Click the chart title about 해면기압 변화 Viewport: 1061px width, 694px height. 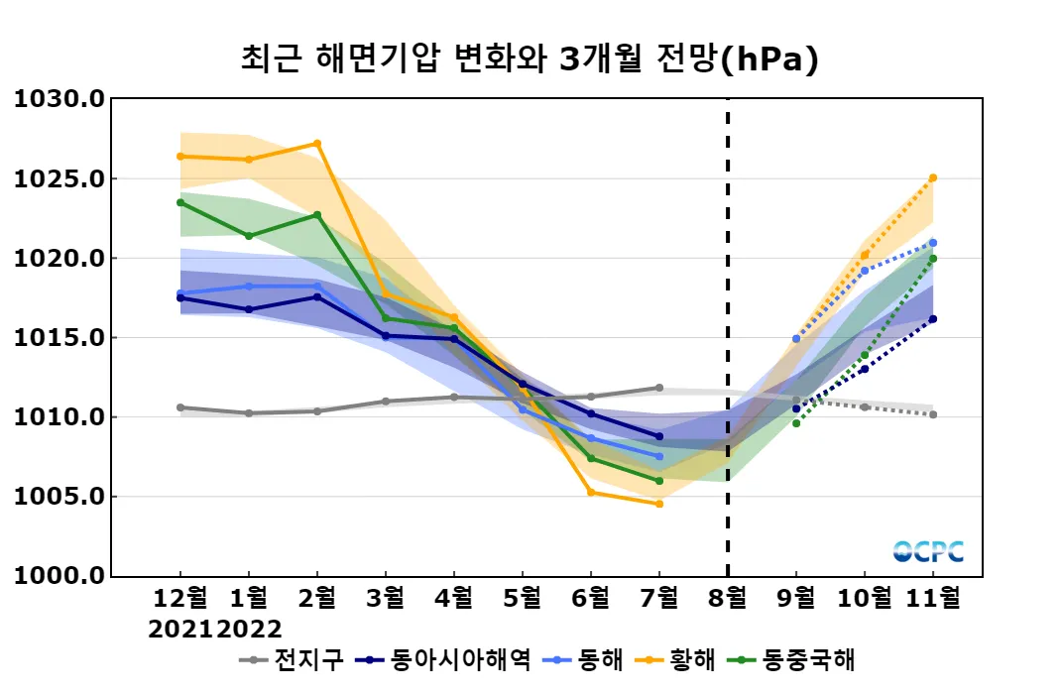tap(530, 59)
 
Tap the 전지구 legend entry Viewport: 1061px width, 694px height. tap(294, 660)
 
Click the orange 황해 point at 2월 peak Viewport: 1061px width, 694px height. tap(317, 144)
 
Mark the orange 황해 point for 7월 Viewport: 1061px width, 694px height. tap(659, 504)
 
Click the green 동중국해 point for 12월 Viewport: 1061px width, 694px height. tap(180, 202)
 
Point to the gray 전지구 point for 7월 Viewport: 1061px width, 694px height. tap(659, 388)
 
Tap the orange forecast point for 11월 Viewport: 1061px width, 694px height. tap(933, 178)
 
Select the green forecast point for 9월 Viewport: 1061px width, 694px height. tap(796, 423)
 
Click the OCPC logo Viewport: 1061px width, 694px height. tap(928, 551)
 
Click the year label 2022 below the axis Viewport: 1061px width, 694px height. tap(249, 629)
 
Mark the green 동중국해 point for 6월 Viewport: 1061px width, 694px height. tap(591, 458)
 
